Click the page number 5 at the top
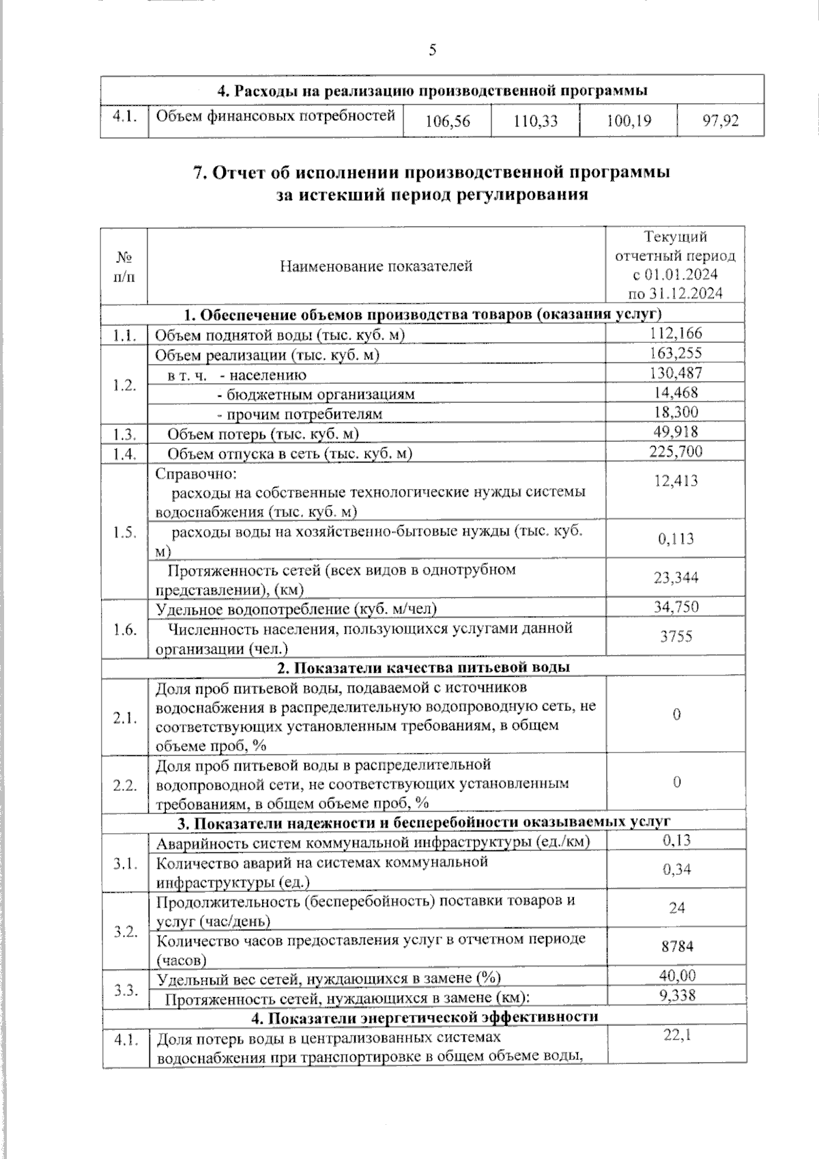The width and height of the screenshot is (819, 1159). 432,50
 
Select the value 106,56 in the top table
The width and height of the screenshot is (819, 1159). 447,122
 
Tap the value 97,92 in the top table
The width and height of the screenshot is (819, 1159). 720,122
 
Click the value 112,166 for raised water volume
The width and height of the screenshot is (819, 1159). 676,333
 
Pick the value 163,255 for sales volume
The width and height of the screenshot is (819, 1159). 676,353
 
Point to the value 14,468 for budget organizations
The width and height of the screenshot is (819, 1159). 676,393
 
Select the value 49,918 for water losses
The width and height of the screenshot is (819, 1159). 676,432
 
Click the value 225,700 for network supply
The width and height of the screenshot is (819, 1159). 676,451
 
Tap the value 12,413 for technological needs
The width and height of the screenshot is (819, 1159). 676,481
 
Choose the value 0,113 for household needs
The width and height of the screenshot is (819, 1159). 676,539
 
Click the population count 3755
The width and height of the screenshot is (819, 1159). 676,637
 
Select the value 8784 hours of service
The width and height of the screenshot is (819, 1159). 676,947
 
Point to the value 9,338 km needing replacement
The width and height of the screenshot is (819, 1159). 676,996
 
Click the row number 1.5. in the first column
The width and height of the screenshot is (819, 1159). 125,533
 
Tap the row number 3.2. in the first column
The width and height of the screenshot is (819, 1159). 125,932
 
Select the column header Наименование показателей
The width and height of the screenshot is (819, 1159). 376,266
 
